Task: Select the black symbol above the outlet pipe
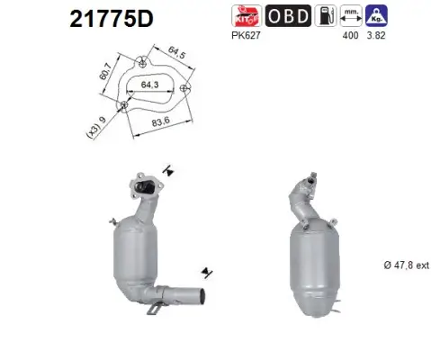(206, 270)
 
